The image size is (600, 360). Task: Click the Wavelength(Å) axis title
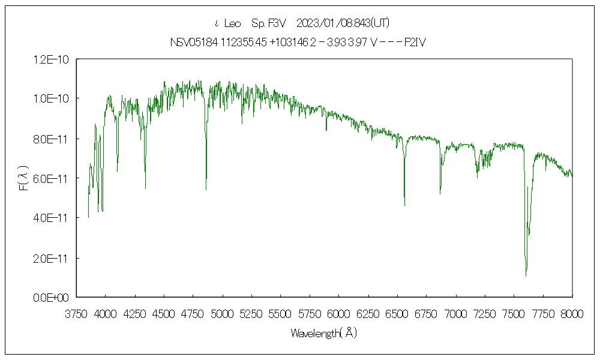click(x=324, y=333)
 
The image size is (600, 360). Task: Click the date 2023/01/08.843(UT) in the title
click(x=343, y=23)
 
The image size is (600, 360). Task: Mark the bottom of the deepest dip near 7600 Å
click(x=526, y=275)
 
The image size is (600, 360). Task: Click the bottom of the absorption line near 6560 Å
click(x=404, y=206)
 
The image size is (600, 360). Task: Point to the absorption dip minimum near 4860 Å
click(x=206, y=189)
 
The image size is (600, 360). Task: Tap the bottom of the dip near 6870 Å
click(x=440, y=193)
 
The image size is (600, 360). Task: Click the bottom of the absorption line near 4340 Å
click(x=145, y=188)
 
